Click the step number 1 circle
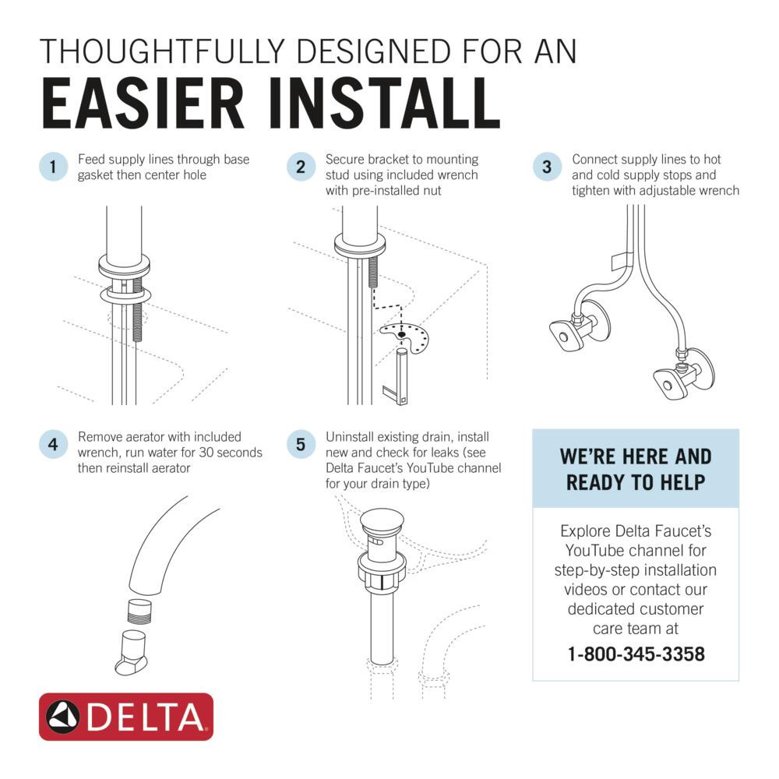click(52, 167)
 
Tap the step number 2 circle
click(300, 167)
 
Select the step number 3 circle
click(547, 167)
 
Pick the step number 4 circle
click(52, 445)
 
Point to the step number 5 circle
click(300, 445)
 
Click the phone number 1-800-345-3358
click(636, 654)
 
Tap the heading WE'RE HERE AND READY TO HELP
click(635, 469)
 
